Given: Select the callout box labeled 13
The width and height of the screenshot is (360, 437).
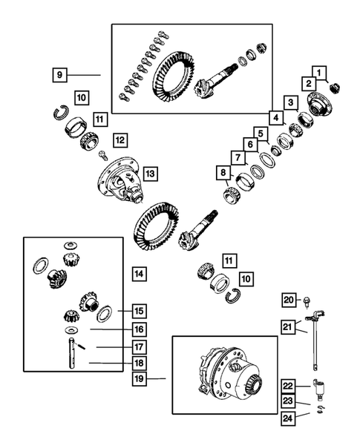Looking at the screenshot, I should [x=150, y=174].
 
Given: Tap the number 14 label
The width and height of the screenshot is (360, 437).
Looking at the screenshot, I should [x=139, y=274].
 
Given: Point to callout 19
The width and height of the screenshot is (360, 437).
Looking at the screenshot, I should [x=139, y=378].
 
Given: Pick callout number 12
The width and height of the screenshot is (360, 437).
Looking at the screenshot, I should [x=120, y=139].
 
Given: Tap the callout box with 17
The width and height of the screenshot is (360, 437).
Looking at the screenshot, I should [x=139, y=346].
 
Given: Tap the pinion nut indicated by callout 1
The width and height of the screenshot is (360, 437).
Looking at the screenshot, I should [x=334, y=89].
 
